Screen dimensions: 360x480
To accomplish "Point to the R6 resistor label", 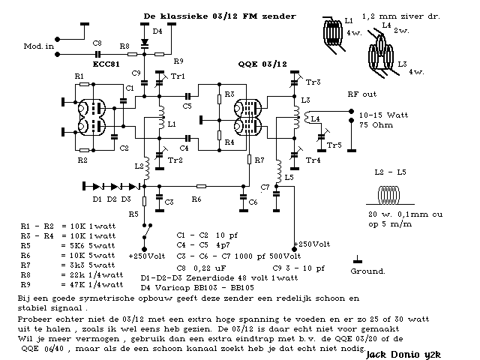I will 196,199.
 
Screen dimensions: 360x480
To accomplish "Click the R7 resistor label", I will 259,161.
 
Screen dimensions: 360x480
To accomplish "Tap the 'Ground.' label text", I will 368,271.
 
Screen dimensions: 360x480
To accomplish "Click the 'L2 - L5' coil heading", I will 388,173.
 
